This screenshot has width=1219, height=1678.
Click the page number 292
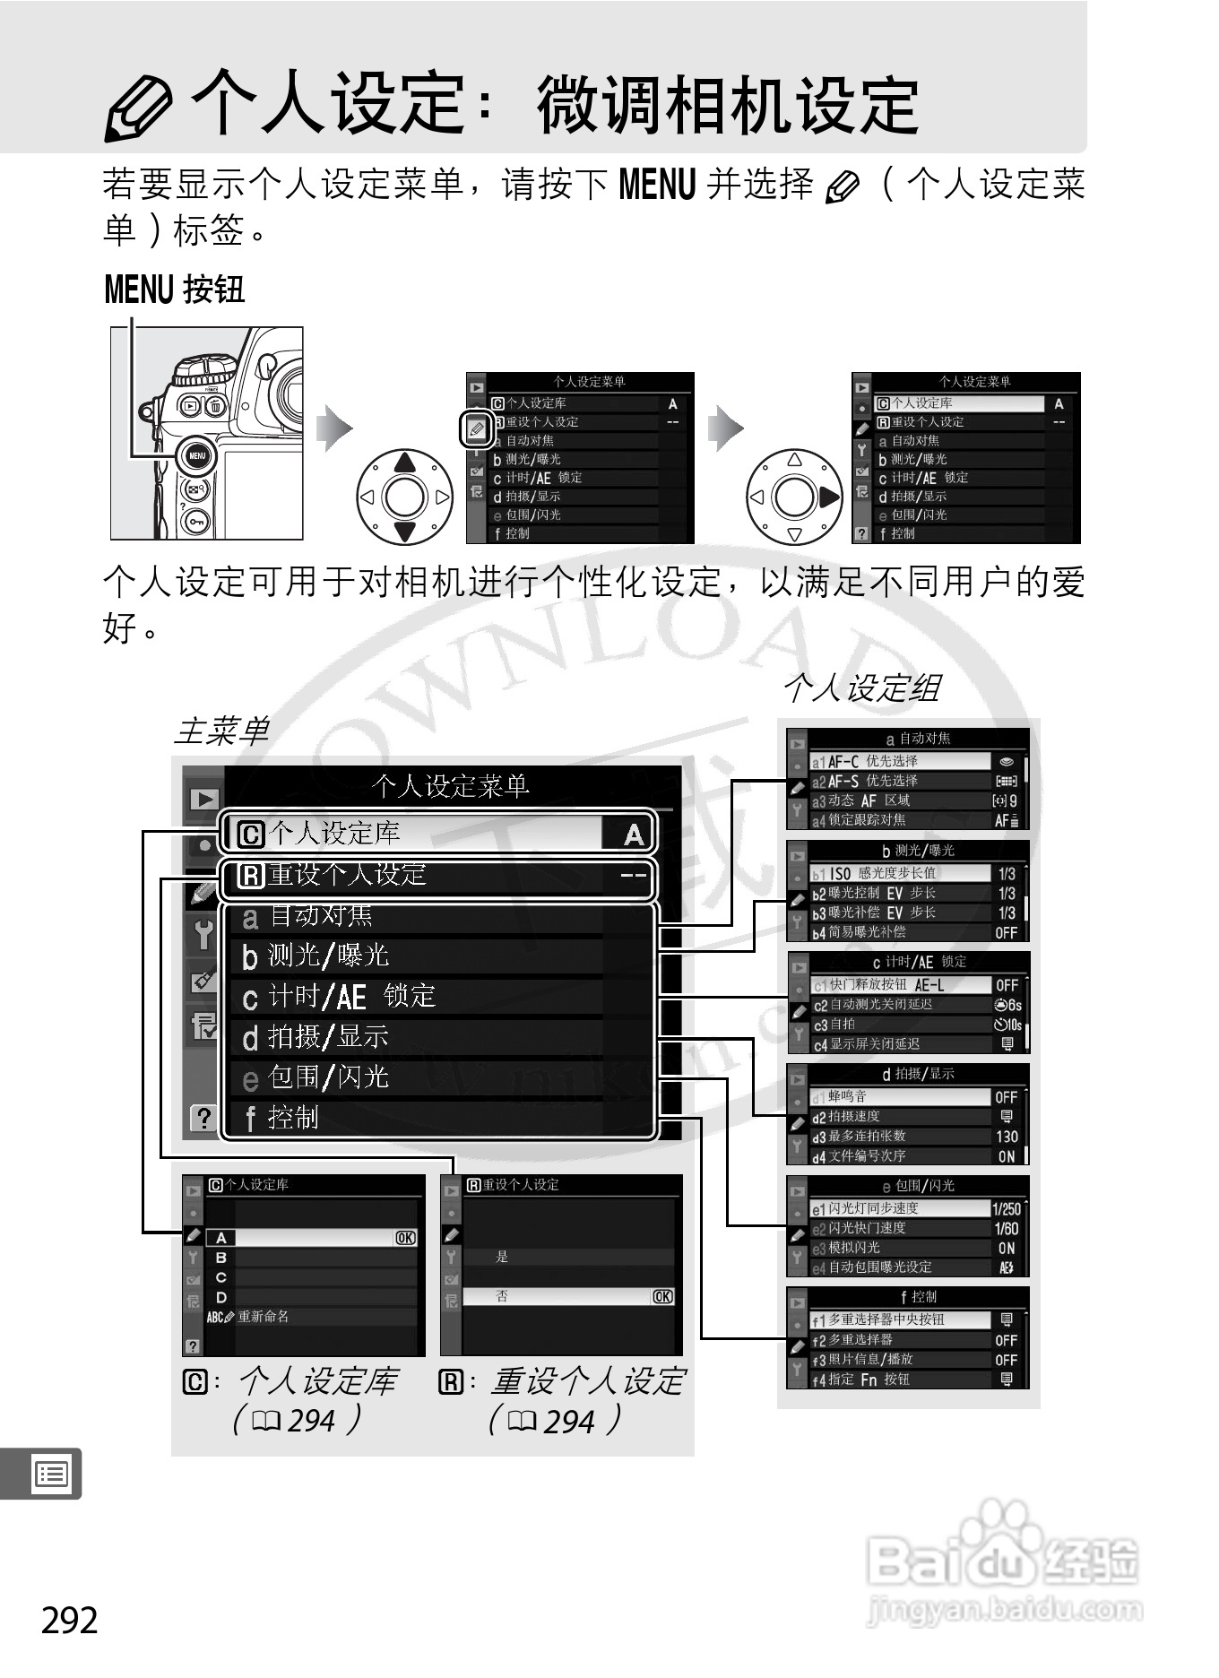pyautogui.click(x=70, y=1621)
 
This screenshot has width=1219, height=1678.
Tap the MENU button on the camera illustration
pyautogui.click(x=196, y=455)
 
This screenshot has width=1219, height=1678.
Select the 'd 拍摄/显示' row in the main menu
pyautogui.click(x=439, y=1037)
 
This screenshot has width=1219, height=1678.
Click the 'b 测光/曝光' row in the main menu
pyautogui.click(x=439, y=956)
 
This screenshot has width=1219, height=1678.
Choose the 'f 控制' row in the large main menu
pyautogui.click(x=439, y=1118)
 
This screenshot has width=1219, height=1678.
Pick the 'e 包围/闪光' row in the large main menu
pyautogui.click(x=439, y=1077)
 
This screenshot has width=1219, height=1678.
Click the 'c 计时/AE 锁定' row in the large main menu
pyautogui.click(x=439, y=997)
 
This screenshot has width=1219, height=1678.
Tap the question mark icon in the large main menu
pyautogui.click(x=203, y=1118)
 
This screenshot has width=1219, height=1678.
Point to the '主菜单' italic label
pyautogui.click(x=221, y=731)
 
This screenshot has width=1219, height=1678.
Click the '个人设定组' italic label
pyautogui.click(x=861, y=688)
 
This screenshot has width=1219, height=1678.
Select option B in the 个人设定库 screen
pyautogui.click(x=221, y=1258)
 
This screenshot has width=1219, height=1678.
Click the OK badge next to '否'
pyautogui.click(x=662, y=1296)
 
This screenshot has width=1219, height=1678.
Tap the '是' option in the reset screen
pyautogui.click(x=502, y=1257)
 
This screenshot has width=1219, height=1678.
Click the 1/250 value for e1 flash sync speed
pyautogui.click(x=1006, y=1208)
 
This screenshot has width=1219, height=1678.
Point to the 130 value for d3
pyautogui.click(x=1007, y=1137)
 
